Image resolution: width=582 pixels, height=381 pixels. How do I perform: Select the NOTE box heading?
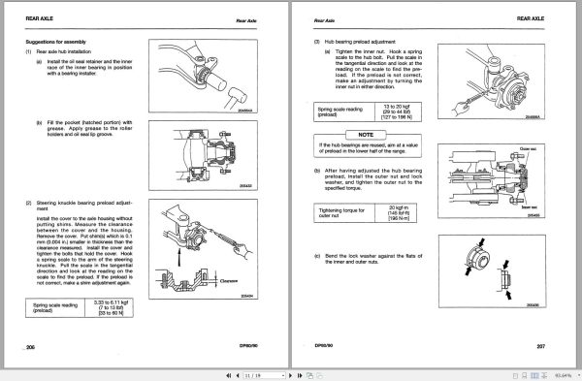coord(366,131)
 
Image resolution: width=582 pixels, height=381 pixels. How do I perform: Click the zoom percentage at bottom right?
coord(563,370)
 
